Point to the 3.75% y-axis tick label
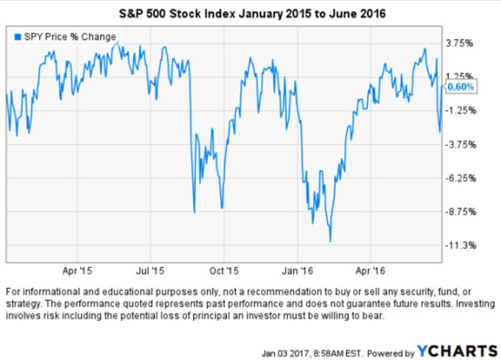[460, 42]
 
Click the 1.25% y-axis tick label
[460, 76]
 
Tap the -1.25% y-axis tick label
[460, 109]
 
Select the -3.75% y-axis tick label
[460, 144]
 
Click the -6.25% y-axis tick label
[460, 178]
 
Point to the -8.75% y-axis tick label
[460, 211]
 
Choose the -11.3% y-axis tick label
[460, 245]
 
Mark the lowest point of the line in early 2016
[330, 242]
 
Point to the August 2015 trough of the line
[194, 212]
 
